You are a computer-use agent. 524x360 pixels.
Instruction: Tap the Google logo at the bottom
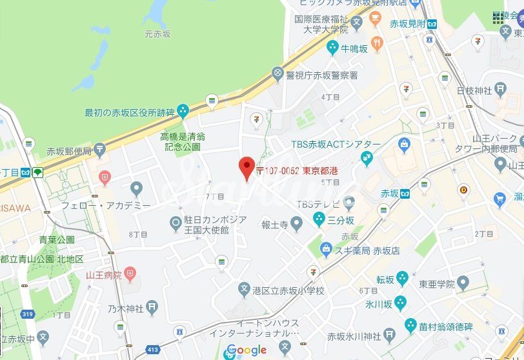[x=247, y=350]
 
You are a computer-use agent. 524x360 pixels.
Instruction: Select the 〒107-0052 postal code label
[x=277, y=171]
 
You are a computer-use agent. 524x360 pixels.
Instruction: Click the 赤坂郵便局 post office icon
[x=99, y=151]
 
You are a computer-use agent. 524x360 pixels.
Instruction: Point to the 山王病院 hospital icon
[x=130, y=275]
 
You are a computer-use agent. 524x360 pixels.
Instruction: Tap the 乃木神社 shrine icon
[x=152, y=308]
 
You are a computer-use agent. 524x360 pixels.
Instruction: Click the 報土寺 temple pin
[x=296, y=225]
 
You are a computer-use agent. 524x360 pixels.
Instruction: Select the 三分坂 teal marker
[x=319, y=220]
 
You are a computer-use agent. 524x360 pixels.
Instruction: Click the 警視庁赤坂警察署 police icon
[x=278, y=74]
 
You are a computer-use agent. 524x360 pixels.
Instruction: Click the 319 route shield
[x=28, y=315]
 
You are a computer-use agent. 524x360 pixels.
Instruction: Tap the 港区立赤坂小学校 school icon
[x=244, y=290]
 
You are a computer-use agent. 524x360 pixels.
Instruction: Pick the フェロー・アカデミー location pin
[x=136, y=189]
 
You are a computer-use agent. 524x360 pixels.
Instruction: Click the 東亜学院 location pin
[x=463, y=283]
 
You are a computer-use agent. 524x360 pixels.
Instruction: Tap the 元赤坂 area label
[x=157, y=34]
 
